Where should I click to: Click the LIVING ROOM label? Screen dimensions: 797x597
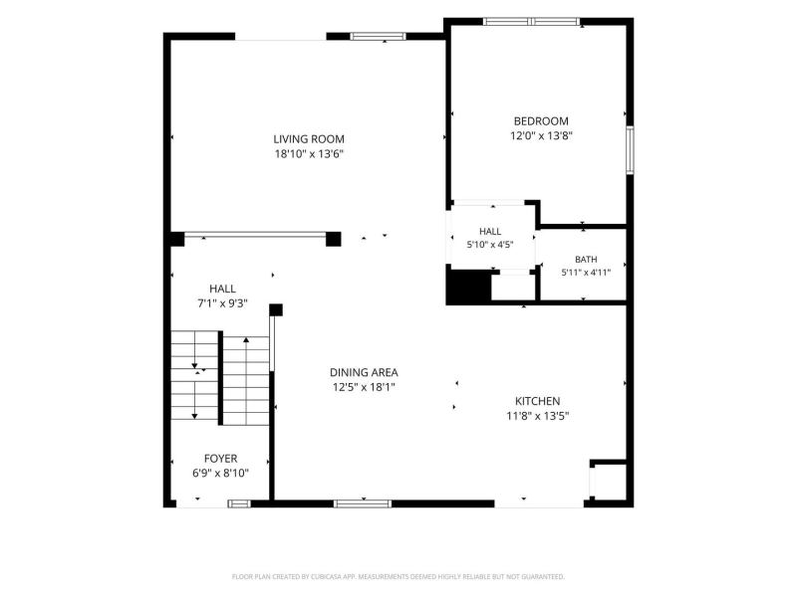(x=309, y=139)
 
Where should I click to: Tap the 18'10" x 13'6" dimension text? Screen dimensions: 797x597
(x=309, y=154)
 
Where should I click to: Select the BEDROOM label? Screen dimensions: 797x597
(x=541, y=121)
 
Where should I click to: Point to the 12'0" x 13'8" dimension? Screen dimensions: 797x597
(x=541, y=136)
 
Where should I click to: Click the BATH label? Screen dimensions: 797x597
(x=586, y=260)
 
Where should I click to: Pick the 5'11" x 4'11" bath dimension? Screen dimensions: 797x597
(x=586, y=273)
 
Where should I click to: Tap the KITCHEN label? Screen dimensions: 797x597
(x=537, y=401)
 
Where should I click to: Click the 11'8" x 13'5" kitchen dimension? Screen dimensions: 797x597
(x=537, y=416)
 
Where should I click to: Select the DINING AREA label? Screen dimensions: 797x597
(x=364, y=372)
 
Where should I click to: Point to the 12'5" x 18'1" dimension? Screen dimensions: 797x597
(x=364, y=387)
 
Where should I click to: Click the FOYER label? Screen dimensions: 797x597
(x=220, y=459)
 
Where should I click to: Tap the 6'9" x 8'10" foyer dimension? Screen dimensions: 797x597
(x=220, y=474)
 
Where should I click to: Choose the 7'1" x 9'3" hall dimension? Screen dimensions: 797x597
(x=222, y=303)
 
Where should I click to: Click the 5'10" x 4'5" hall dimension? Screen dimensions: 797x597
(x=490, y=245)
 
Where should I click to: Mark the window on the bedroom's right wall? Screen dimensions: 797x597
(x=630, y=150)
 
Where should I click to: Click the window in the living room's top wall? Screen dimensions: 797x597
(x=379, y=36)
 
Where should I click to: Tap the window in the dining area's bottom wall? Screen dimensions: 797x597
(x=363, y=503)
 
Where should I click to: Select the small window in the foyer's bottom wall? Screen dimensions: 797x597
(x=239, y=503)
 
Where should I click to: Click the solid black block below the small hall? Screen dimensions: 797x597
(x=468, y=287)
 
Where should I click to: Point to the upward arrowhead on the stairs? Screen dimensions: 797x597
(x=246, y=339)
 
